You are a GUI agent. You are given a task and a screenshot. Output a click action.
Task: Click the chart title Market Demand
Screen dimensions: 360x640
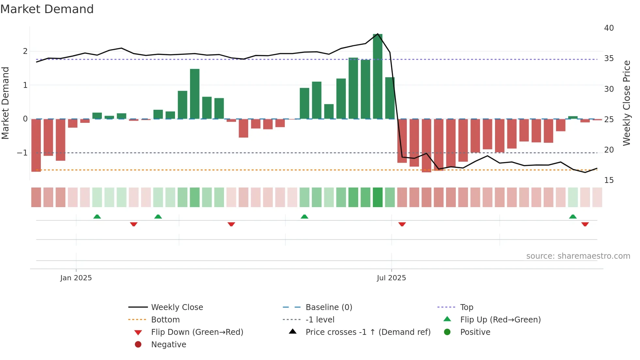[x=47, y=9]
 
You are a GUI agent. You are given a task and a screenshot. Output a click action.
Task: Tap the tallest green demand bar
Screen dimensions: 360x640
[x=377, y=77]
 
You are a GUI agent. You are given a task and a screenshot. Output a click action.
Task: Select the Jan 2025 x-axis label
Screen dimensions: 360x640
[x=76, y=278]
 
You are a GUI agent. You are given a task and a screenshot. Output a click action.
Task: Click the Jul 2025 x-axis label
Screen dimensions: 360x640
[x=391, y=278]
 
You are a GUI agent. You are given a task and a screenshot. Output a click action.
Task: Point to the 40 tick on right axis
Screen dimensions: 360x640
[x=609, y=28]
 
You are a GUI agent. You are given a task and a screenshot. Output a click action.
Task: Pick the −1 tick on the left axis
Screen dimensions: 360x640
[x=22, y=153]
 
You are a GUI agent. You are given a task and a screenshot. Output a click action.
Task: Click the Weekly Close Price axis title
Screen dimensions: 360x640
[x=626, y=103]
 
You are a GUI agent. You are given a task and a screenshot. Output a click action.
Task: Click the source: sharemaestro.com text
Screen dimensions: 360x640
[x=578, y=256]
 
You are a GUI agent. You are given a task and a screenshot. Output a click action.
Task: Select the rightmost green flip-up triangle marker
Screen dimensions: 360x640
[x=573, y=217]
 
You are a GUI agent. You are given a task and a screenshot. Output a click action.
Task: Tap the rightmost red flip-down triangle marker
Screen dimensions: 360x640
[x=585, y=224]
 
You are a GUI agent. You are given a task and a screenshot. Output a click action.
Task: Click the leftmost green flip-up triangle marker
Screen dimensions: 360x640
[x=97, y=217]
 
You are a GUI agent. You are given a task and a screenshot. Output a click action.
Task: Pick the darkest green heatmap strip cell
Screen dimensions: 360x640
[x=377, y=197]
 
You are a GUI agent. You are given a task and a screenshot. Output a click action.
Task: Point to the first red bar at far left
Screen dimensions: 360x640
[x=36, y=145]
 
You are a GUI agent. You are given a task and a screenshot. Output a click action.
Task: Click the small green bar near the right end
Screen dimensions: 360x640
[x=573, y=118]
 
